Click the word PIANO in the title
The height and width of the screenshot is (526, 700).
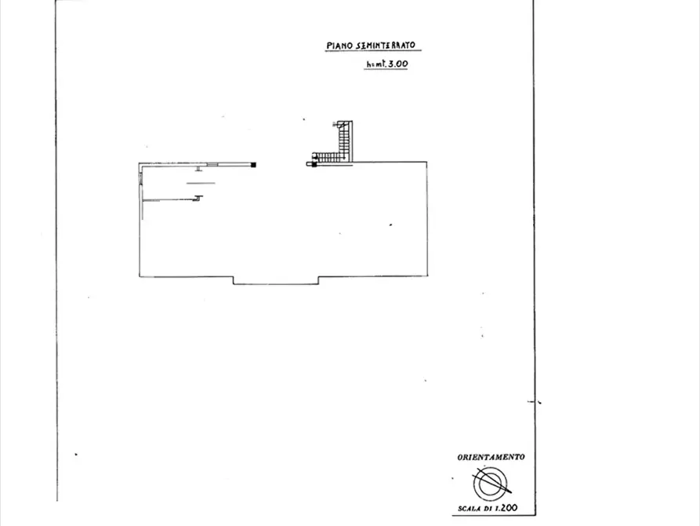339,46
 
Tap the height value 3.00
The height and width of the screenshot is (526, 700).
397,64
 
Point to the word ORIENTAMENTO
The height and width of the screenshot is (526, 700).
491,457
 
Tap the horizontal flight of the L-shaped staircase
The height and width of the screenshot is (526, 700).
329,157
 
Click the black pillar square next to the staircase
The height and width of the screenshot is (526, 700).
314,165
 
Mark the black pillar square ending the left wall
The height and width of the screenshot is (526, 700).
253,165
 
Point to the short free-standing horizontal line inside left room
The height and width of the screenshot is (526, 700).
201,183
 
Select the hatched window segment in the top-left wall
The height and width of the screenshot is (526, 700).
212,165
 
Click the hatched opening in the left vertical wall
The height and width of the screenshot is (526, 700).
140,178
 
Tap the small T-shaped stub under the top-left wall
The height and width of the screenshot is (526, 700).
198,169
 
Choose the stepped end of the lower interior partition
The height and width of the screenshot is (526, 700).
198,198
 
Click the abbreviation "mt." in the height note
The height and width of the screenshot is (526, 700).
379,64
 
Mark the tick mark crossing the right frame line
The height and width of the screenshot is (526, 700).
535,402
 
